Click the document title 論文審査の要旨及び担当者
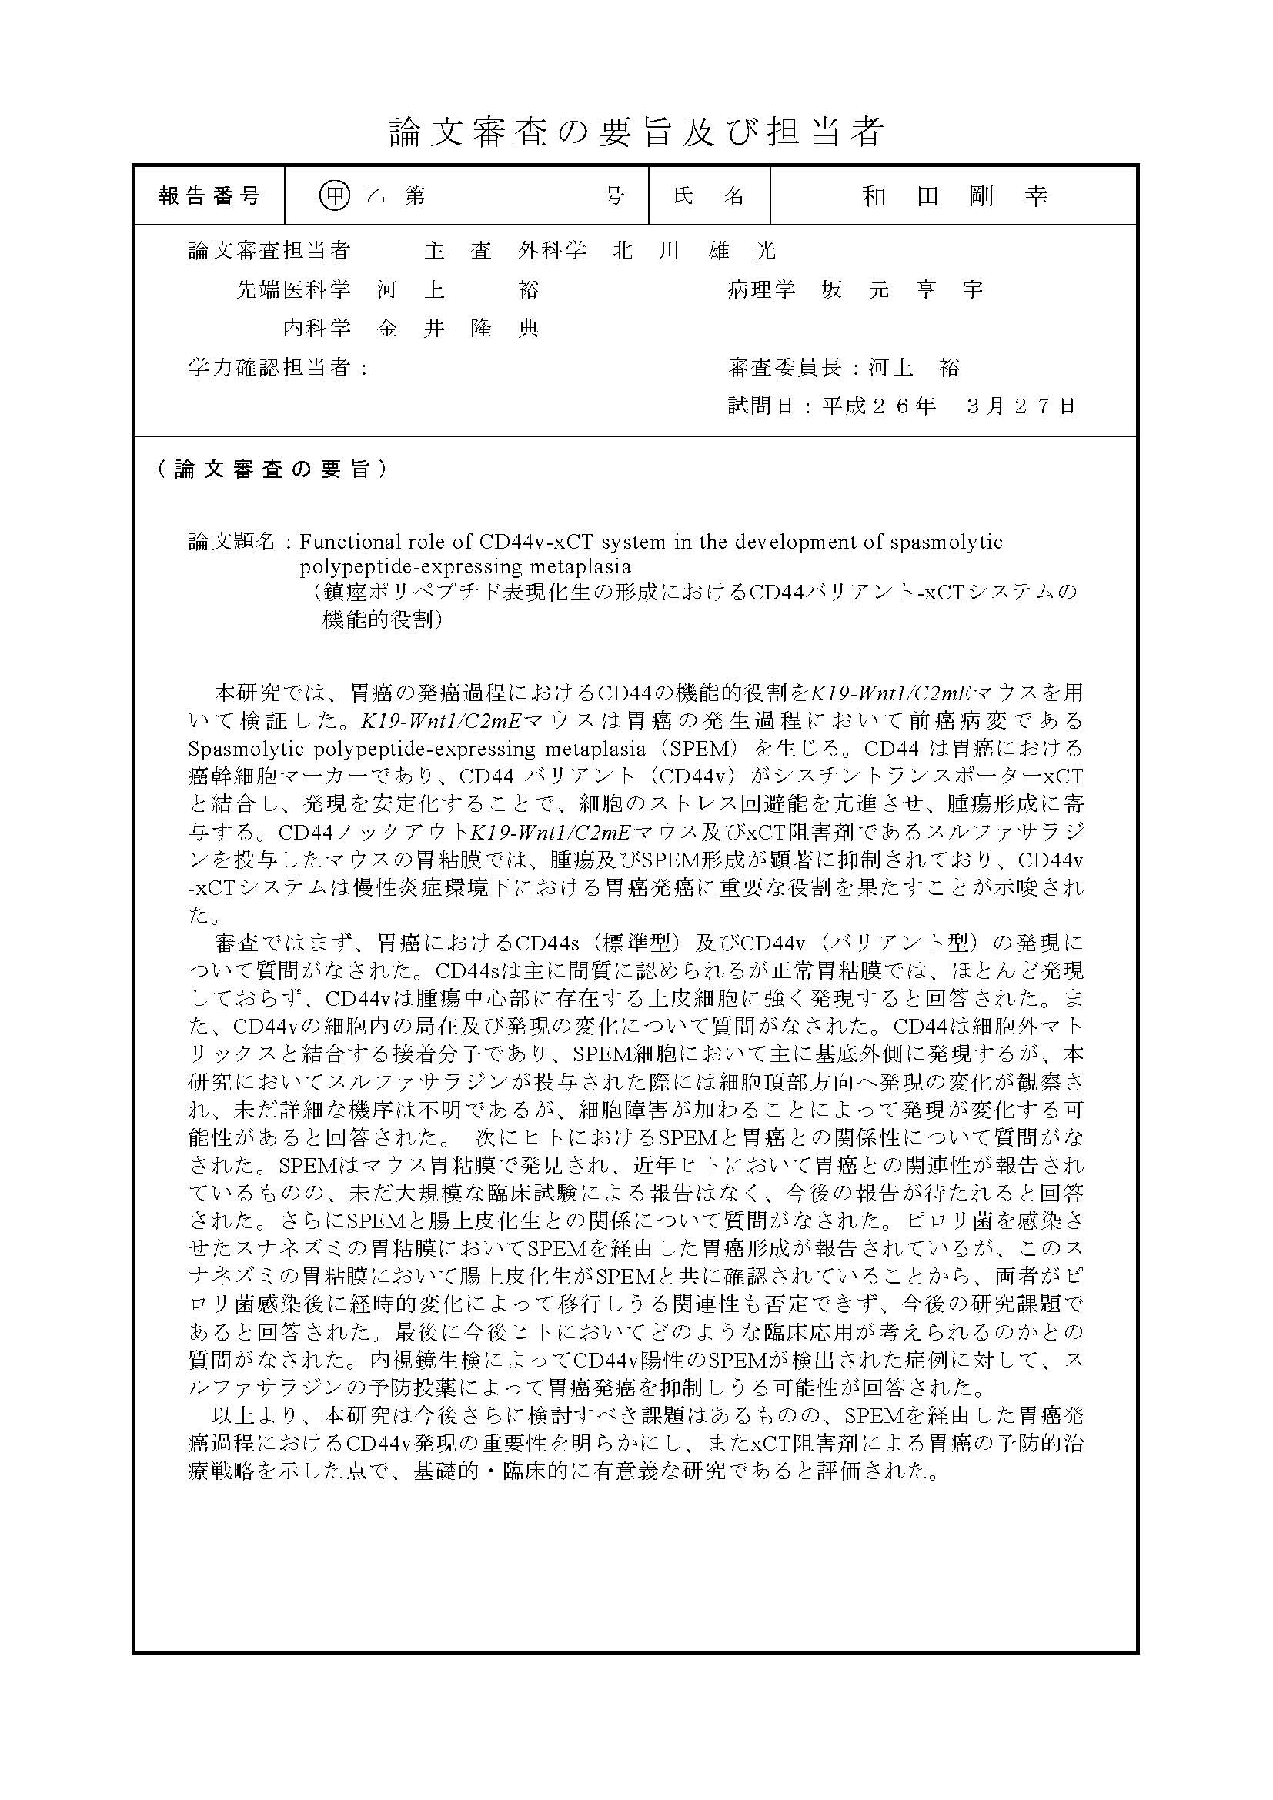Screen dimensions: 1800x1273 click(636, 132)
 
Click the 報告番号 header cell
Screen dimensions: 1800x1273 click(209, 196)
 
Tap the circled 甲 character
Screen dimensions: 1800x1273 click(335, 196)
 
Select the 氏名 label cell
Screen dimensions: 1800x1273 click(709, 196)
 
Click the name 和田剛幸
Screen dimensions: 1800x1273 click(954, 196)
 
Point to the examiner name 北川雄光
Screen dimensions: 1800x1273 click(694, 251)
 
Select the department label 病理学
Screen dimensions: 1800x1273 click(761, 290)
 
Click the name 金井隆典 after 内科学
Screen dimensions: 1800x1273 click(459, 329)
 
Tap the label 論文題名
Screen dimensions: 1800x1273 click(232, 542)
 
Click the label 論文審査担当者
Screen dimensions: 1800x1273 click(269, 251)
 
